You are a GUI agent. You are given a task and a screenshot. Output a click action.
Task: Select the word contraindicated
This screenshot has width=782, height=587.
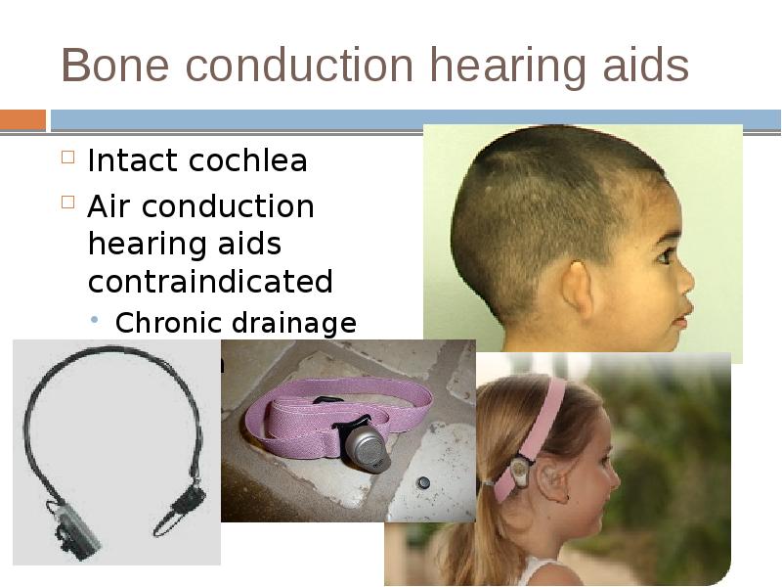click(210, 282)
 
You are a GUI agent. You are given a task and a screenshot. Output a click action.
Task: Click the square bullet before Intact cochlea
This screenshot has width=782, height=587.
click(67, 158)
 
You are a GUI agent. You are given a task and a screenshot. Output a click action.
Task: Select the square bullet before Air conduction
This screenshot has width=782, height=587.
click(67, 203)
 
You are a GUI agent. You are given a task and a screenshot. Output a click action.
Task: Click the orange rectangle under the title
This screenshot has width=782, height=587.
click(22, 120)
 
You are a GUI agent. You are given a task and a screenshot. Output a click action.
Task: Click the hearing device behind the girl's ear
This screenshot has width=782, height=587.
click(518, 474)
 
